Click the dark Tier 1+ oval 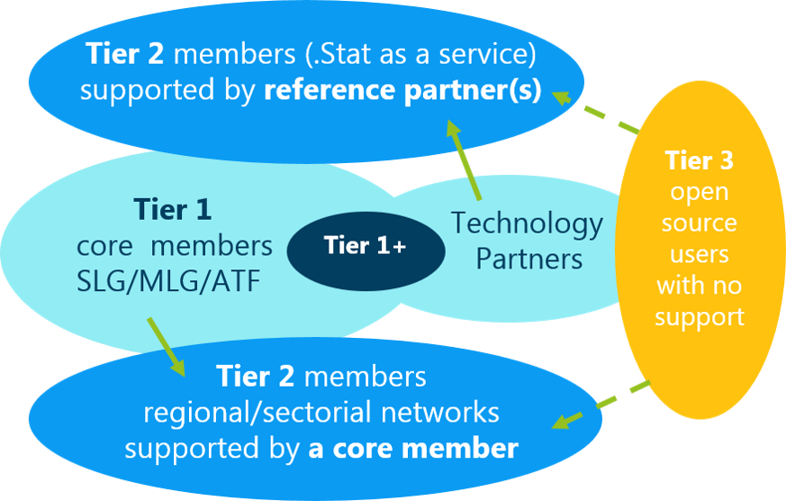pos(366,246)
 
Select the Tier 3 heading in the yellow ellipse pos(699,160)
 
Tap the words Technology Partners pos(528,241)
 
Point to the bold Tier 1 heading pos(173,210)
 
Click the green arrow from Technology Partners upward pos(465,163)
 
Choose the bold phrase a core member pos(413,448)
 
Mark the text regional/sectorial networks pos(321,413)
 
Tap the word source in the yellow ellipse pos(699,223)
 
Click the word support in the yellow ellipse pos(699,317)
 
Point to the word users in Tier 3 pos(699,254)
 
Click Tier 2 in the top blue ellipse pos(126,54)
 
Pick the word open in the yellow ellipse pos(699,192)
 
